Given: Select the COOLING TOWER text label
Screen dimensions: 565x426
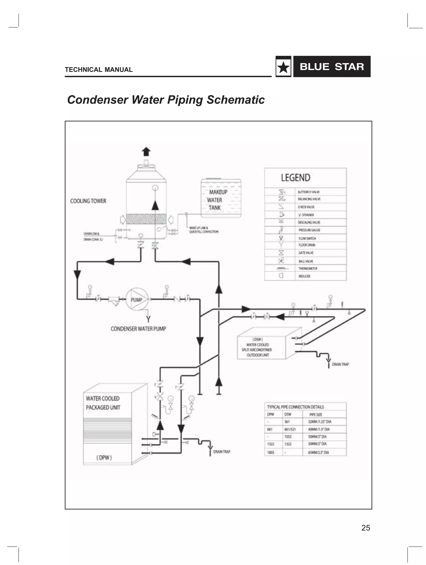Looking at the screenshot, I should click(88, 201).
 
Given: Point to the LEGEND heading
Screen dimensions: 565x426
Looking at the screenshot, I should click(296, 178).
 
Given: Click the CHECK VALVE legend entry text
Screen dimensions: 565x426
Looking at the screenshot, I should click(306, 207).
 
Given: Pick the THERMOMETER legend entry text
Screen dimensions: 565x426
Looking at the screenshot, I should click(308, 268).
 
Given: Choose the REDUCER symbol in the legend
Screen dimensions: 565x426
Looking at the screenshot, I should click(281, 276).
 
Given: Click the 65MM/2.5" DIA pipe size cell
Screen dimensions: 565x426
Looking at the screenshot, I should click(319, 452).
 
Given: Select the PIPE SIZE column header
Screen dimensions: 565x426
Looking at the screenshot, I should click(316, 415).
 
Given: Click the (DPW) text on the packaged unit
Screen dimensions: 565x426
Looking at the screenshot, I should click(104, 457).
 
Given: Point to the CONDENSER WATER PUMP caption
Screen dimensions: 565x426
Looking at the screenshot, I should click(138, 329).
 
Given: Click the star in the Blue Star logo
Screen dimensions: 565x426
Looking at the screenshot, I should click(283, 67).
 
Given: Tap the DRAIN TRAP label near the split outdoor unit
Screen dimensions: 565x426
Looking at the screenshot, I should click(340, 364).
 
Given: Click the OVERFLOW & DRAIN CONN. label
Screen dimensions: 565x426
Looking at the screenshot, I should click(93, 236).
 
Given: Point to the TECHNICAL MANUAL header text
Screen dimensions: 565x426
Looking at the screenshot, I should click(99, 69).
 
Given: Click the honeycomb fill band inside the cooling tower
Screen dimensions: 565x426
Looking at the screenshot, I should click(146, 219).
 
